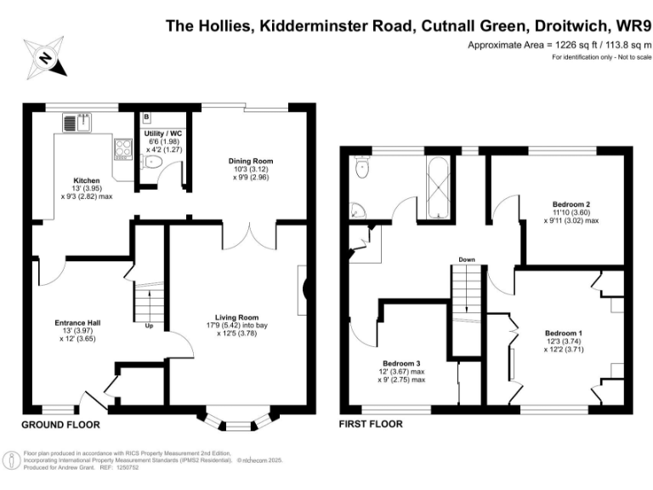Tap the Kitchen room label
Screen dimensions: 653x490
coord(87,180)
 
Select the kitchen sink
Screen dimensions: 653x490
coord(77,122)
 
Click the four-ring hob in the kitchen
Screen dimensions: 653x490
coord(123,149)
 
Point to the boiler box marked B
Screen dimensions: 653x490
coord(146,117)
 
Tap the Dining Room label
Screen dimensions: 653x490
coord(251,162)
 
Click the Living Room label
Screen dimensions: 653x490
coord(237,317)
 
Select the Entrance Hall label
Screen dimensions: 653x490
coord(77,323)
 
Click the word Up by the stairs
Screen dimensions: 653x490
coord(149,326)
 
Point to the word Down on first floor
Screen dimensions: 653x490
coord(467,259)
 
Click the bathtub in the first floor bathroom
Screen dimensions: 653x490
coord(438,187)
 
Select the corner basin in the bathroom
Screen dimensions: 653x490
coord(357,211)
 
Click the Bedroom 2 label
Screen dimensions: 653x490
coord(571,204)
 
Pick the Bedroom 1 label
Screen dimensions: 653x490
coord(564,333)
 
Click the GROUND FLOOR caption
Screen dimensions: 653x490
coord(61,425)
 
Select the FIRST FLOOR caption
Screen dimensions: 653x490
coord(371,424)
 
